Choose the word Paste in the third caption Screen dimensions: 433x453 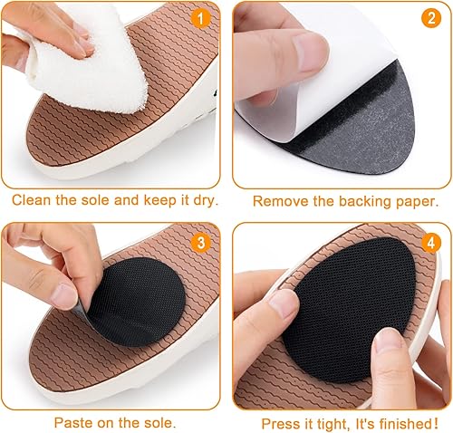point(72,422)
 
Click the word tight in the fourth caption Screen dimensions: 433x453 point(338,423)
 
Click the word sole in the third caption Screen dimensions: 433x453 point(157,422)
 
